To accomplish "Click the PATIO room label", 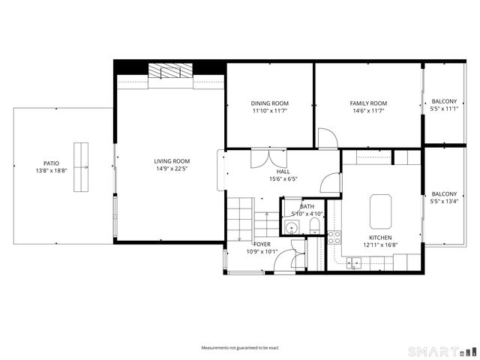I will point(51,163).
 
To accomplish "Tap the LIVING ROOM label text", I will point(172,161).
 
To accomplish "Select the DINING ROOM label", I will point(269,103).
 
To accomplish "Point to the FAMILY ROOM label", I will point(368,103).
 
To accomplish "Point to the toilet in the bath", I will point(315,226).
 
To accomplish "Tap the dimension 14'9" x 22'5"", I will point(172,169).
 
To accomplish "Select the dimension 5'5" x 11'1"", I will point(444,109).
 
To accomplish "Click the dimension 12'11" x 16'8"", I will point(380,244).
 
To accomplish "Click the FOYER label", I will point(262,244).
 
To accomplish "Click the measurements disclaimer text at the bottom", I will point(240,348).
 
